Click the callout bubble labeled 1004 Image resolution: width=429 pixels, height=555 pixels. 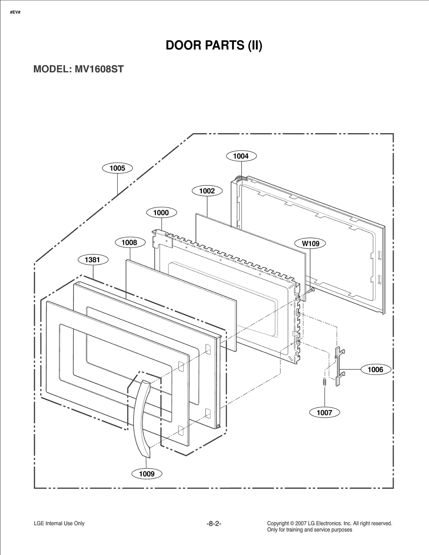[241, 156]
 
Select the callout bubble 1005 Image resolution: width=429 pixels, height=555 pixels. [117, 168]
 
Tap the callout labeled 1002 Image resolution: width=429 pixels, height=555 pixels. [207, 191]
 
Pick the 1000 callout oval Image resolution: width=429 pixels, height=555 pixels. [161, 213]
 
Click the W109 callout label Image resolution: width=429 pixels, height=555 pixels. [310, 243]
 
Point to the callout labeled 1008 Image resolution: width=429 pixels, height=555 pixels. [130, 243]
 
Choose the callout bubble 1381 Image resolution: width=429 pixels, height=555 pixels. [93, 260]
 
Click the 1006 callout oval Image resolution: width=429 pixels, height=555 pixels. [375, 369]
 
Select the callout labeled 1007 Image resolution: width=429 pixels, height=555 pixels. [324, 413]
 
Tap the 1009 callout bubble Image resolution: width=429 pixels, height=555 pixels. [147, 474]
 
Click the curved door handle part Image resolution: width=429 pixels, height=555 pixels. [141, 418]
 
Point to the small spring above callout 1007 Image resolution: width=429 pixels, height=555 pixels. [324, 382]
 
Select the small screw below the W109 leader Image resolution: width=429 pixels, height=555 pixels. [311, 290]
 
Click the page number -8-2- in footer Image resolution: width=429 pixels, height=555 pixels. [214, 523]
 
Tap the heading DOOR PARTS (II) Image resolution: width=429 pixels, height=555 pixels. [214, 45]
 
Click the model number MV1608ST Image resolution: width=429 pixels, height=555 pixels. [99, 69]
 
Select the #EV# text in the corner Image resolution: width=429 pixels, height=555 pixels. [15, 13]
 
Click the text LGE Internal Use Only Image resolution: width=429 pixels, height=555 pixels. [59, 523]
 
